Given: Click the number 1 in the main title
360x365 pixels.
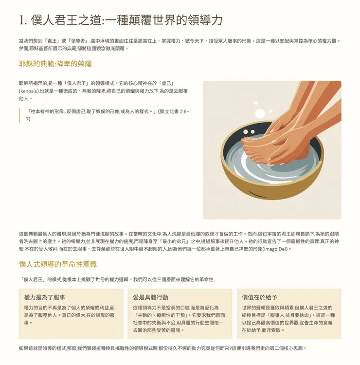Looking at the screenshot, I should coord(21,20).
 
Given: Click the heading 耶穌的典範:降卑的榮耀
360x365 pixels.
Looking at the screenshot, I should coord(55,64).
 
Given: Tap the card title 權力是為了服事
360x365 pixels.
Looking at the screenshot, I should coord(44,297).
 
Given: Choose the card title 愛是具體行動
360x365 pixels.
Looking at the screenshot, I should coord(150,297).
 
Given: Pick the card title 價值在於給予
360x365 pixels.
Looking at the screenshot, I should coord(259,297).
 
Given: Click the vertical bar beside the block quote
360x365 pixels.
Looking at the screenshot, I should coord(19,115).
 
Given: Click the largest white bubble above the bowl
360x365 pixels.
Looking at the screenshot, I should coord(260,113).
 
